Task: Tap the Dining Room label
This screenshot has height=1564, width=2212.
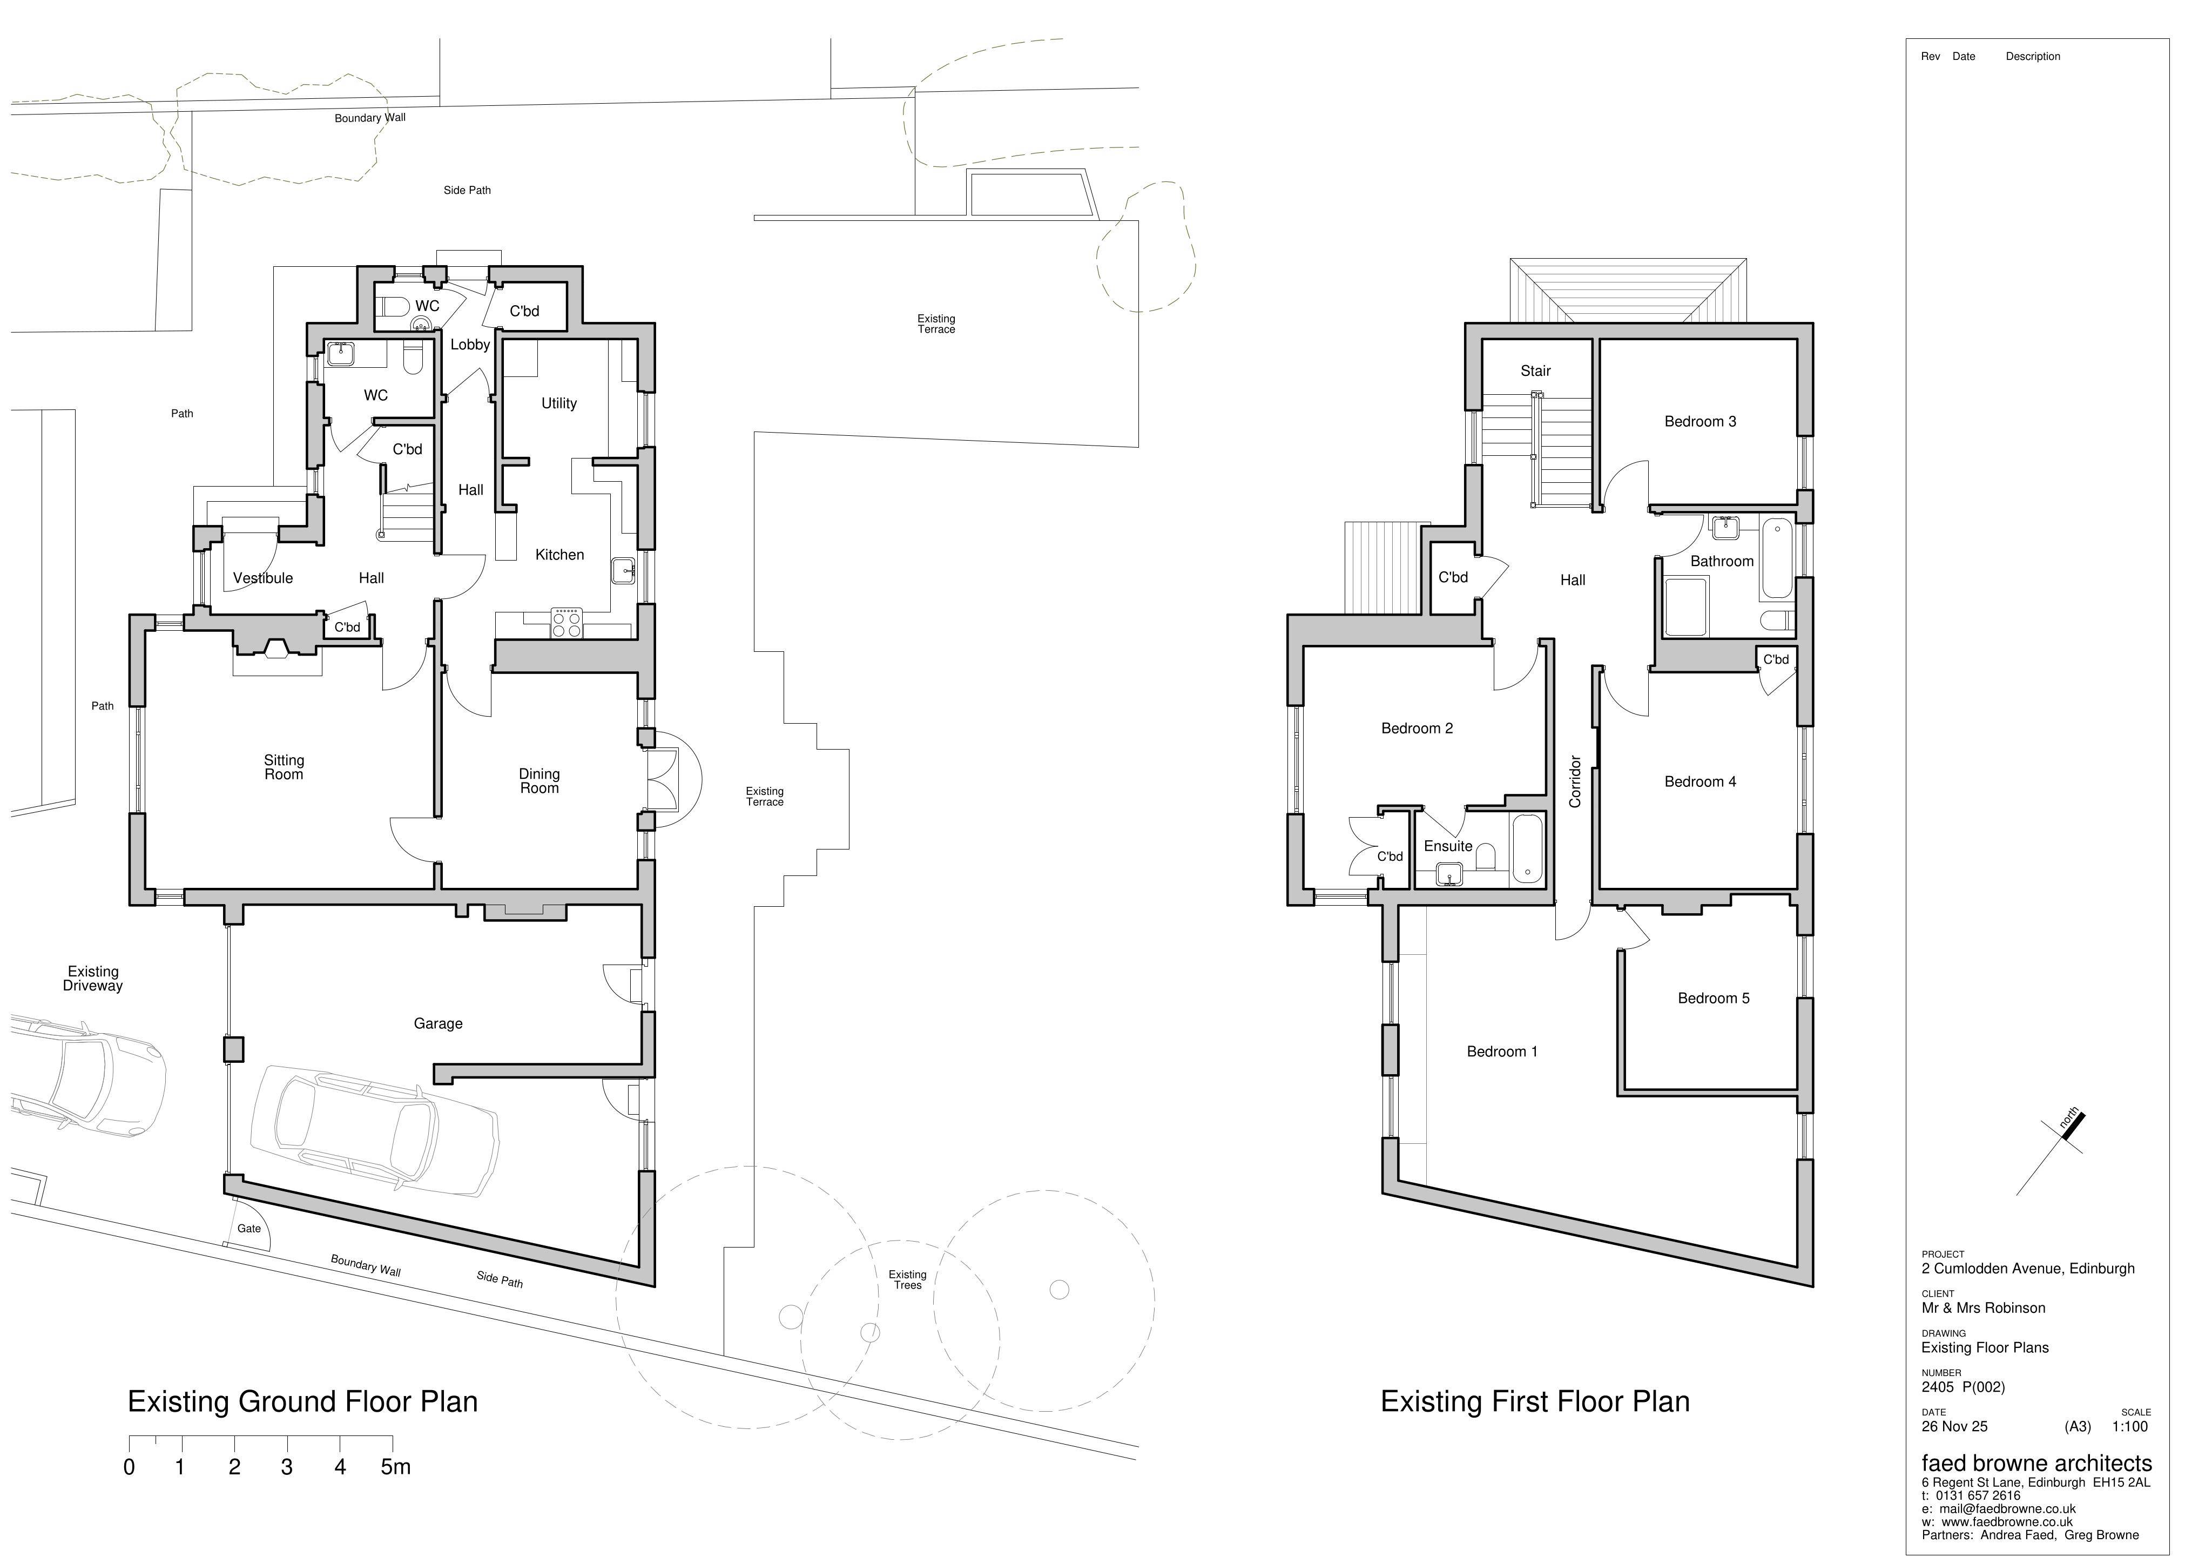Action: coord(539,780)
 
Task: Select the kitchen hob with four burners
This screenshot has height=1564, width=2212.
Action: coord(567,623)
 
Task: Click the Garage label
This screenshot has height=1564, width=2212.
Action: coord(439,1023)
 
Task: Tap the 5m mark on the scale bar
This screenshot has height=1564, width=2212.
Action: coord(395,1467)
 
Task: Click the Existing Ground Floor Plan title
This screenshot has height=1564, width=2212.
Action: coord(302,1401)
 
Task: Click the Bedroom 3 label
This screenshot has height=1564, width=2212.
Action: coord(1701,421)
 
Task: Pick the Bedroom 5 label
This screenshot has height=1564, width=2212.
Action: coord(1714,999)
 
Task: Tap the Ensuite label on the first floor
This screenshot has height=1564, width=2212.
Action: coord(1448,846)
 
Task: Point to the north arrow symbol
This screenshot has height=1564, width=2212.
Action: coord(2050,1154)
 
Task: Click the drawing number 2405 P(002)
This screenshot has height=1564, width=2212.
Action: coord(1963,1387)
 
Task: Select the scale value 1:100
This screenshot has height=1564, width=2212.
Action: coord(2130,1426)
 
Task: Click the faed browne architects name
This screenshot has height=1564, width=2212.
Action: coord(2036,1463)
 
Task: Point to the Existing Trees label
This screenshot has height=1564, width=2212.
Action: coord(908,1280)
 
